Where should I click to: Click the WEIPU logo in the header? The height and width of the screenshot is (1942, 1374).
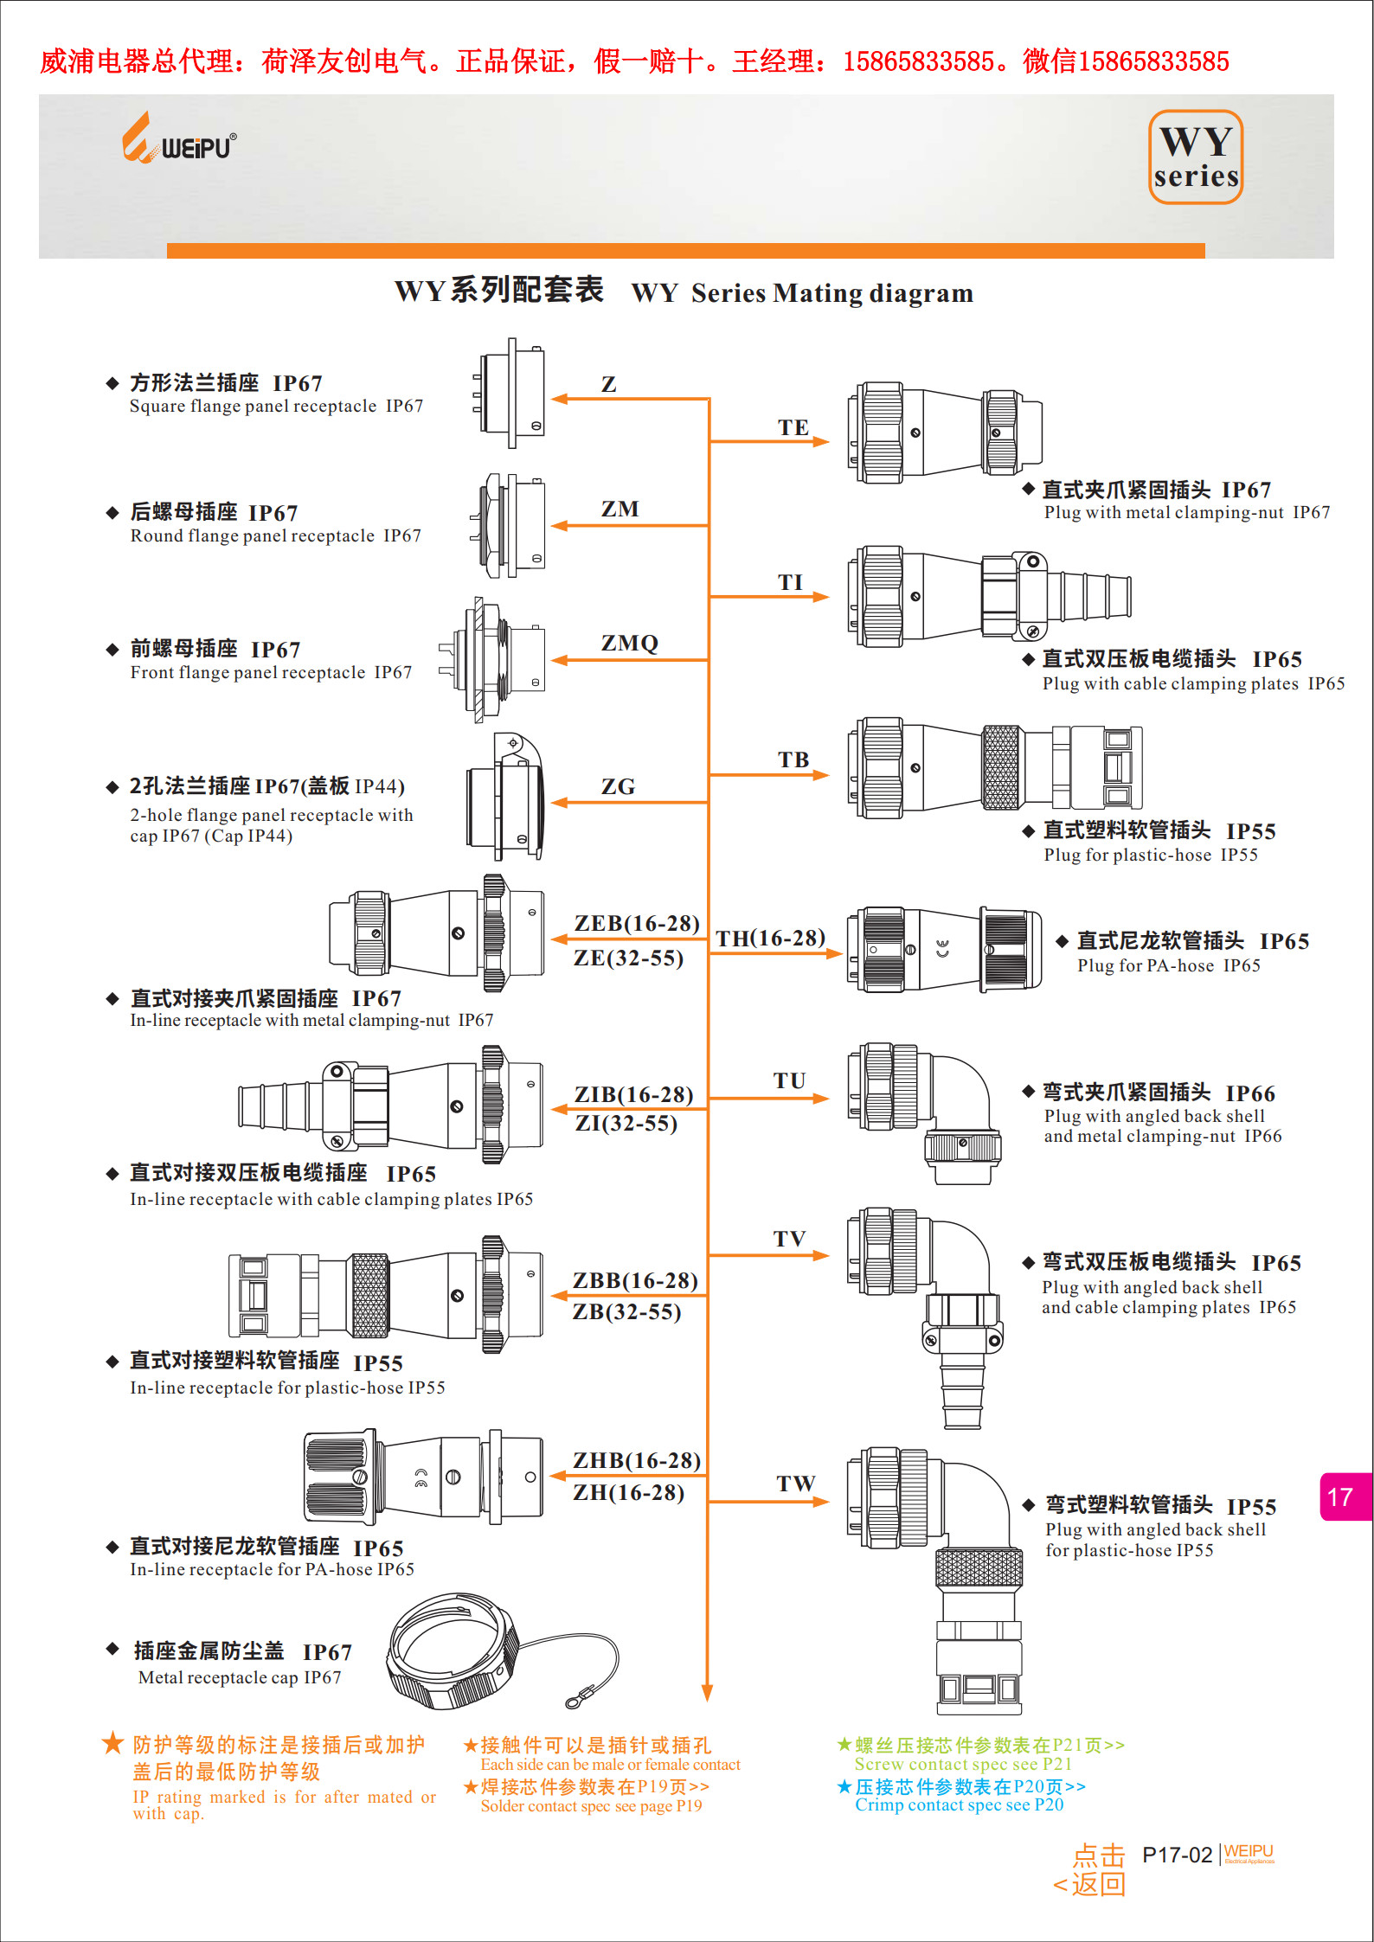tap(179, 140)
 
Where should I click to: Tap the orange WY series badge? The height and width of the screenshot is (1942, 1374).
tap(1196, 157)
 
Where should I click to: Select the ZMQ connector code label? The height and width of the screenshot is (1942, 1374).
tap(629, 644)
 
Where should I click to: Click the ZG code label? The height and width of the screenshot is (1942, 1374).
tap(618, 786)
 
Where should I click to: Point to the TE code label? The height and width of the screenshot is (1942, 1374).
tap(793, 427)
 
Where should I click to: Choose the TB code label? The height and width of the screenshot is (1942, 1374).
tap(793, 759)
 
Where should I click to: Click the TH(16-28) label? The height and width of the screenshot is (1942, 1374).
tap(770, 939)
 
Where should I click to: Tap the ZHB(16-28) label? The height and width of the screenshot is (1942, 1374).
tap(636, 1460)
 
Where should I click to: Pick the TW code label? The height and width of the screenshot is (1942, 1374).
tap(795, 1484)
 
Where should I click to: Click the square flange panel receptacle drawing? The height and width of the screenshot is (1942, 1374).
tap(510, 394)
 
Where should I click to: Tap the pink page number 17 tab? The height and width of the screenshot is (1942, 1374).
tap(1342, 1497)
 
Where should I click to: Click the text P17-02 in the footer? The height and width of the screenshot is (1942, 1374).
tap(1177, 1855)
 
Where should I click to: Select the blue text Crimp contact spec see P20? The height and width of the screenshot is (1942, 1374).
tap(959, 1804)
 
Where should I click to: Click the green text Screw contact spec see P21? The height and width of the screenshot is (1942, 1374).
tap(962, 1764)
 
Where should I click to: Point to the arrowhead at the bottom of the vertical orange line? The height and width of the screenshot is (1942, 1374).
tap(707, 1693)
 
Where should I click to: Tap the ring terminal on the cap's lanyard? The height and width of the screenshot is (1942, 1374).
tap(575, 1702)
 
